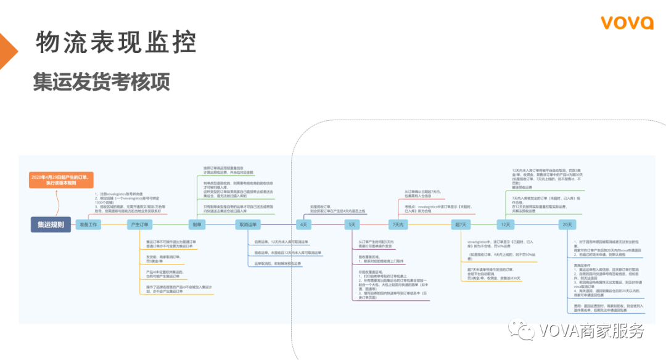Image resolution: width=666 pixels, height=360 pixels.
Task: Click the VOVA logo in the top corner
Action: [x=627, y=23]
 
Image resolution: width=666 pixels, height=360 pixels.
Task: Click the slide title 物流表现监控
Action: [x=116, y=42]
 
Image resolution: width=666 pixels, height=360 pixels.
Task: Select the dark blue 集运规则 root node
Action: [x=51, y=224]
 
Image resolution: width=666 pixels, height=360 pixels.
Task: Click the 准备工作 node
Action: [x=88, y=224]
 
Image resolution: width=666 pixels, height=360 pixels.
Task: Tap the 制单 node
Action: [x=197, y=224]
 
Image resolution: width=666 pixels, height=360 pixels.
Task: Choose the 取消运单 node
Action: [x=248, y=224]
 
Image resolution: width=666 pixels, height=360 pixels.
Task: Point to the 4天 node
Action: [x=303, y=224]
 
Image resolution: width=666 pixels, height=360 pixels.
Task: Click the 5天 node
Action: [x=352, y=224]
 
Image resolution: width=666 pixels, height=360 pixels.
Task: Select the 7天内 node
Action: [x=398, y=224]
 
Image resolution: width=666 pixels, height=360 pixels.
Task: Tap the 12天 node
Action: [x=506, y=224]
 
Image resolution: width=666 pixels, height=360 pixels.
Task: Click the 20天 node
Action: [x=567, y=224]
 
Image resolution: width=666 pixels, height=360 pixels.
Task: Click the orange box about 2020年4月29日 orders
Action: [x=61, y=180]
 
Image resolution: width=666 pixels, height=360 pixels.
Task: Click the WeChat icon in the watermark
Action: [x=525, y=331]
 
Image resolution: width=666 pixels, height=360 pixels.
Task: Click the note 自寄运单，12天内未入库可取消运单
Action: [x=281, y=242]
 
